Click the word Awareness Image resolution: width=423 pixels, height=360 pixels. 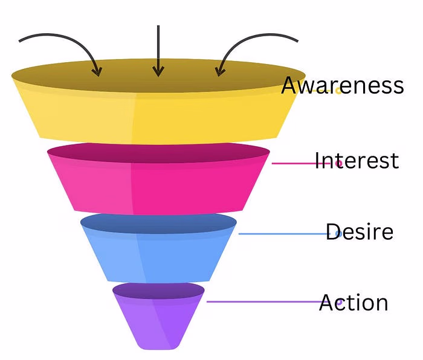(x=342, y=86)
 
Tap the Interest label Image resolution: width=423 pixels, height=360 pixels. (x=357, y=161)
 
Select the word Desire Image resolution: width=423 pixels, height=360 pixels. (x=359, y=232)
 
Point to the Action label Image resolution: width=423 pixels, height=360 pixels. (x=354, y=303)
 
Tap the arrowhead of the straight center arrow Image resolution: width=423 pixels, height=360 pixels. (x=158, y=71)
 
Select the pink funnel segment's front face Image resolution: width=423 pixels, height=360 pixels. (x=157, y=187)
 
